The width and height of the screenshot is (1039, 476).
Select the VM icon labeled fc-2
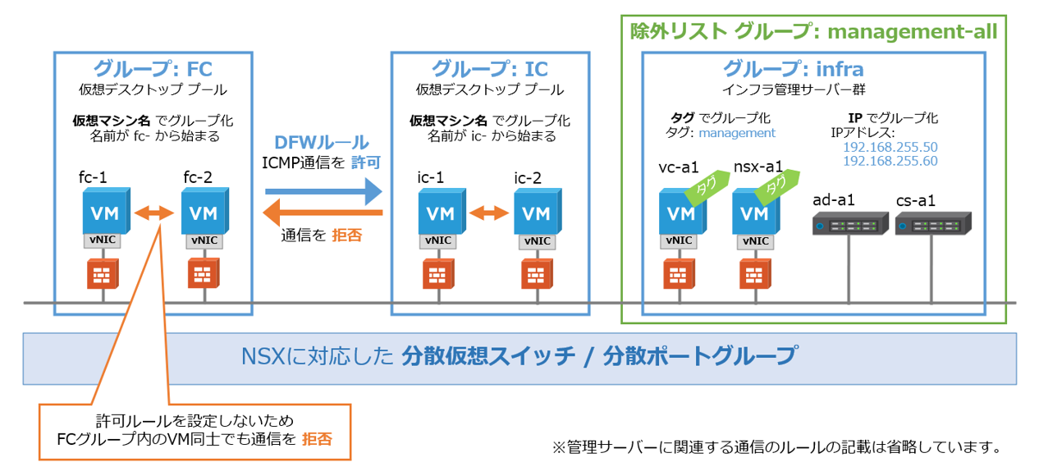pos(203,212)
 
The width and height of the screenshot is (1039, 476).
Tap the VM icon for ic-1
pos(440,212)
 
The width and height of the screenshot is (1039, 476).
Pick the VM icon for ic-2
pos(536,212)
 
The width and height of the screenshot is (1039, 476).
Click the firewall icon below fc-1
pos(103,274)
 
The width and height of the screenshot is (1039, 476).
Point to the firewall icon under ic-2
pos(536,274)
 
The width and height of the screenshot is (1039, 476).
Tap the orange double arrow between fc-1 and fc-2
pos(153,213)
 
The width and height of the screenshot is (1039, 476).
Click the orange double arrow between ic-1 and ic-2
pos(488,213)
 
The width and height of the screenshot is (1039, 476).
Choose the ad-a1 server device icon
pos(849,224)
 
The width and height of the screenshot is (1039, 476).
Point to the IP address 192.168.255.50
pos(890,147)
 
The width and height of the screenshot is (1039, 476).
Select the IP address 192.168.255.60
pos(890,162)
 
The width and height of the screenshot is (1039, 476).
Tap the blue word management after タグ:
pos(743,133)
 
